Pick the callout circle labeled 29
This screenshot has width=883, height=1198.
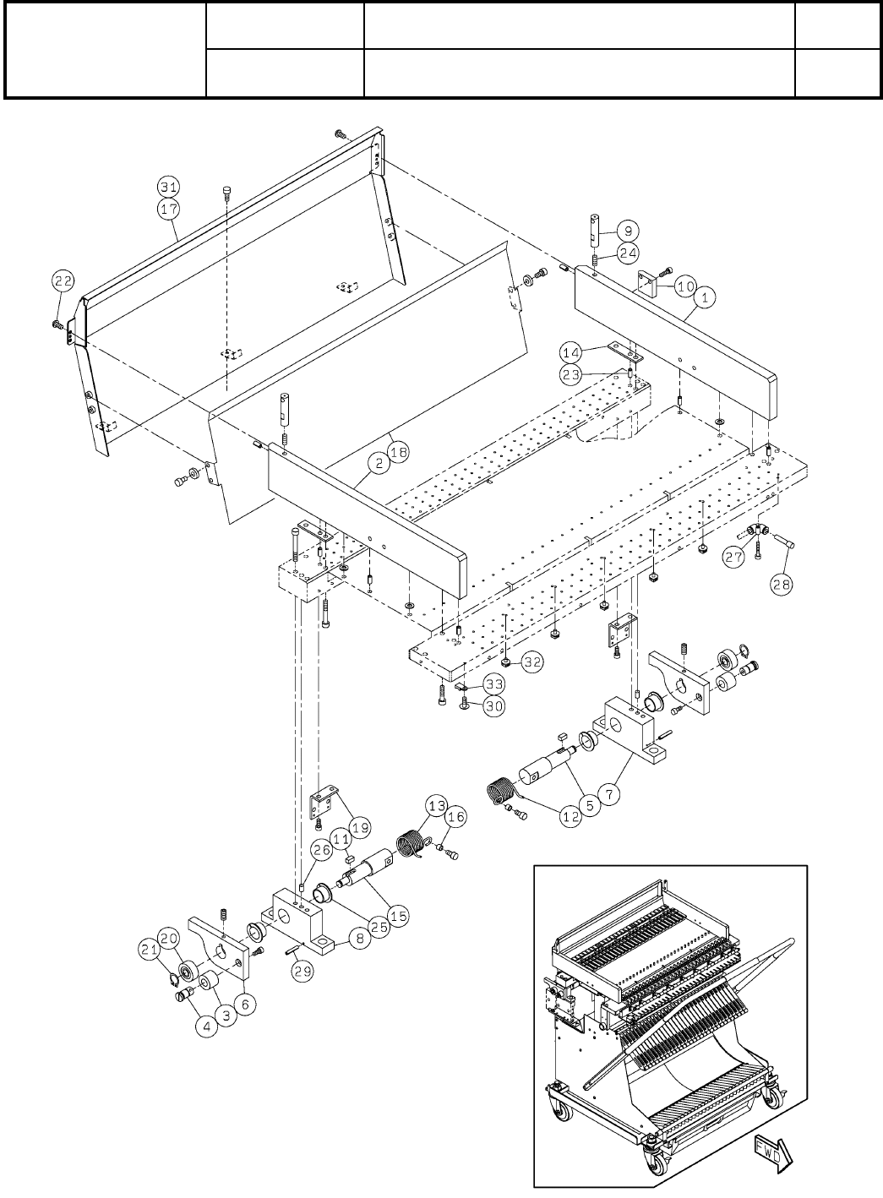(x=303, y=973)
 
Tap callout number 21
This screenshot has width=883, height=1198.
(x=149, y=950)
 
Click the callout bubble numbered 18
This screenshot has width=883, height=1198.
(x=397, y=452)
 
